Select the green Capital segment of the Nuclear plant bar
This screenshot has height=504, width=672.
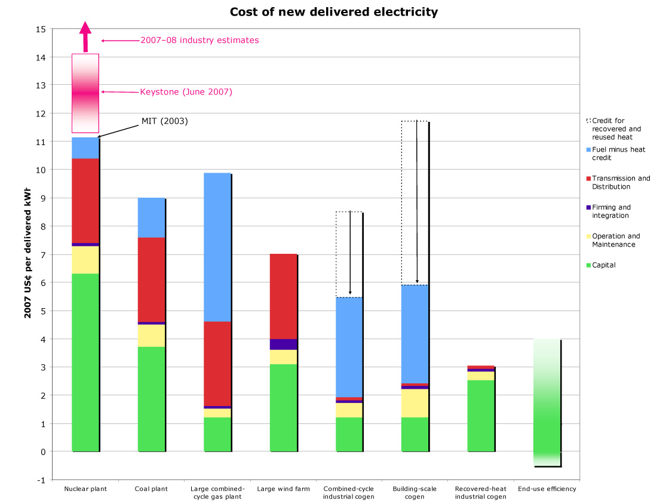click(85, 362)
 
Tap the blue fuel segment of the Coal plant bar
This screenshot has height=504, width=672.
click(151, 217)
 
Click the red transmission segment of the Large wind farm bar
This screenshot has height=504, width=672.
click(283, 296)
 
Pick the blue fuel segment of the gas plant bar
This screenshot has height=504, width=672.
click(217, 247)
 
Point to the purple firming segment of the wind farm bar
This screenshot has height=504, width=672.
click(283, 344)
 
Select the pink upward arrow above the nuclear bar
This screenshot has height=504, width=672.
click(85, 36)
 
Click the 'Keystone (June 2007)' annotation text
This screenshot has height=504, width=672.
click(186, 92)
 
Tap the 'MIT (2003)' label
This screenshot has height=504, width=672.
click(164, 121)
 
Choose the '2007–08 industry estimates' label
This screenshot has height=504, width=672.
click(200, 41)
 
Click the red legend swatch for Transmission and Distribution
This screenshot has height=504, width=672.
click(588, 179)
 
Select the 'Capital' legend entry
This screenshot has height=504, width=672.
click(603, 265)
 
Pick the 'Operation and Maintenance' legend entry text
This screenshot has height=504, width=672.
click(615, 240)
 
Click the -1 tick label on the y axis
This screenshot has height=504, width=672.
click(41, 480)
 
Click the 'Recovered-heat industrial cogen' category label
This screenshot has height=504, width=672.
click(480, 493)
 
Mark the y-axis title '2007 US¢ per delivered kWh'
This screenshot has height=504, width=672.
click(27, 254)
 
